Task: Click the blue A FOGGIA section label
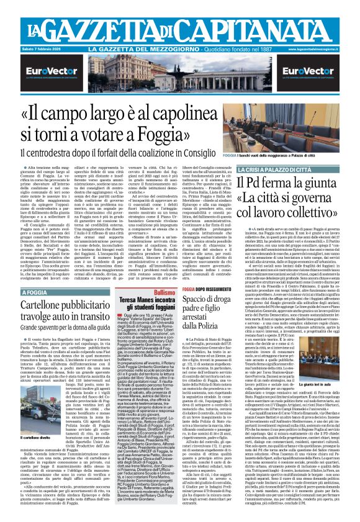(x=34, y=292)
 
